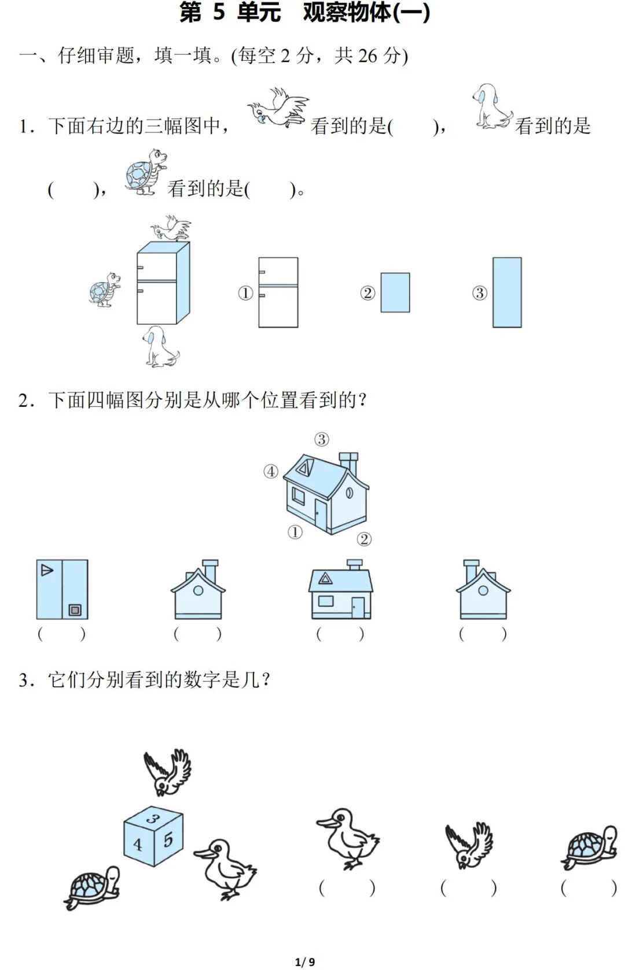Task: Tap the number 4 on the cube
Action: pos(138,845)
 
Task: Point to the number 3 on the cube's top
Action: pos(153,818)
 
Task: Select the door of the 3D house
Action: pos(320,514)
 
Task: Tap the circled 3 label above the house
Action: pos(322,439)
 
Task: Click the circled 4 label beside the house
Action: pos(271,472)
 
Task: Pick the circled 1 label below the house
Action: pos(295,532)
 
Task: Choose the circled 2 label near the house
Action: pos(364,539)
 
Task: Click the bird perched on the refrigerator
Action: pos(171,229)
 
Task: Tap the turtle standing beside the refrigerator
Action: pos(105,289)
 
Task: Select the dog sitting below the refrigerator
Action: pos(159,347)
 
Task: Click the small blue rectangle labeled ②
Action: pos(395,293)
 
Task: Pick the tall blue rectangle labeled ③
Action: pos(507,293)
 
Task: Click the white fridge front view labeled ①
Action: pos(278,293)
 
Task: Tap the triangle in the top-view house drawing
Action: pos(47,571)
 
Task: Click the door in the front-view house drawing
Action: pos(358,607)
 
